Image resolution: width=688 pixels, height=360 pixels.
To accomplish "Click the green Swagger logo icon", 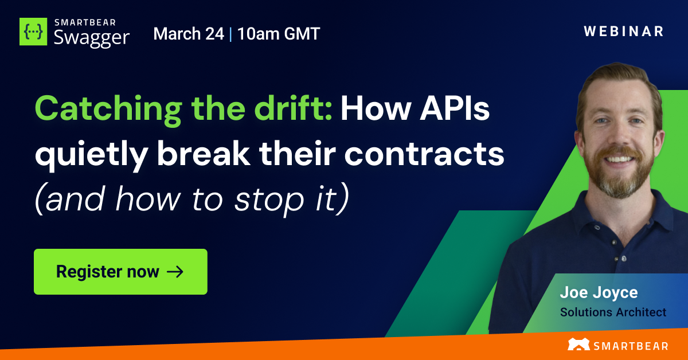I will (34, 32).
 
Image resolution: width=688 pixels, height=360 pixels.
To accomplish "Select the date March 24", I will (189, 34).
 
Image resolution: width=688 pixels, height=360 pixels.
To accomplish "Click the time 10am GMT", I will (278, 34).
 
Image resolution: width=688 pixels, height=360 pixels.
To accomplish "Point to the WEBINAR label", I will (624, 32).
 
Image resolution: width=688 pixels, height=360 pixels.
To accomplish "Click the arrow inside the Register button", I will (175, 272).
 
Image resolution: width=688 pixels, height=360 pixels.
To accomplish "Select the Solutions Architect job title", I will (613, 312).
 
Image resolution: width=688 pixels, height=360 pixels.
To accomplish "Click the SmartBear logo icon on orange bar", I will (578, 345).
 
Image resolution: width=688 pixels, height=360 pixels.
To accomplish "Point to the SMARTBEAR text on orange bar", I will (631, 345).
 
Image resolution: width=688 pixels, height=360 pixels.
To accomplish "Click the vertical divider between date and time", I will (230, 34).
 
